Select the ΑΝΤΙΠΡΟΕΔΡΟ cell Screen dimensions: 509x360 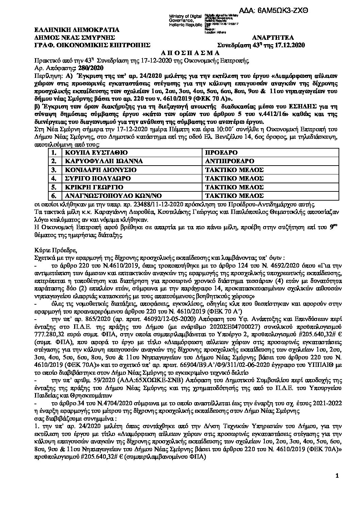[230, 161]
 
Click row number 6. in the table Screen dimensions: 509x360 [53, 196]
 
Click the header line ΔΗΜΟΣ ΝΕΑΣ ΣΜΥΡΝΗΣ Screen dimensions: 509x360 [70, 37]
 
